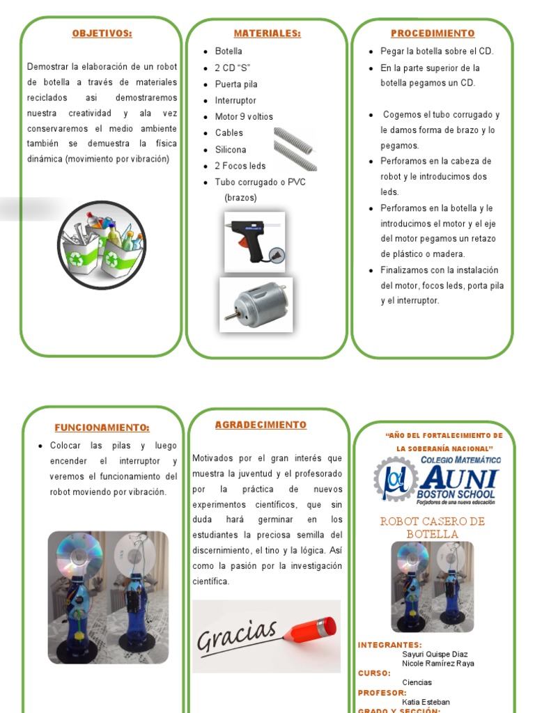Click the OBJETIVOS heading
tap(102, 33)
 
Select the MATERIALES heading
tap(267, 33)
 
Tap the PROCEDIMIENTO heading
tap(433, 33)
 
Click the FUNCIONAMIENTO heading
tap(102, 428)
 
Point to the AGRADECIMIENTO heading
tap(260, 425)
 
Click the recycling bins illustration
tap(102, 244)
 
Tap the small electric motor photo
tap(255, 304)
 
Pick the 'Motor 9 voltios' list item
tap(244, 116)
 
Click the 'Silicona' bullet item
tap(230, 149)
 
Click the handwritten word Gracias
tap(237, 636)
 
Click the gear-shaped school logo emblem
tap(395, 480)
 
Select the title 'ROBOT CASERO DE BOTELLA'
tap(432, 528)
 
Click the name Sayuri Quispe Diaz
tap(435, 655)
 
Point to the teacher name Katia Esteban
tap(426, 702)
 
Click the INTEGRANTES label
tap(389, 645)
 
